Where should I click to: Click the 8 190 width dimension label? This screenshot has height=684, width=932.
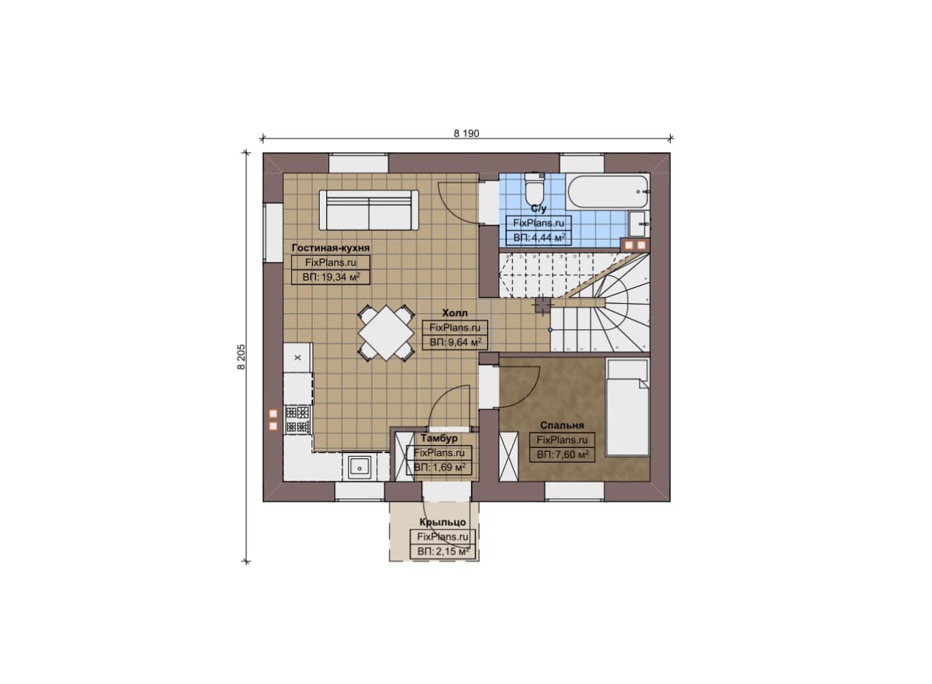[467, 133]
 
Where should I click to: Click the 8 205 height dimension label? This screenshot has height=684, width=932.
[241, 357]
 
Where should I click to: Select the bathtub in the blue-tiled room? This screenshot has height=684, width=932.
[608, 192]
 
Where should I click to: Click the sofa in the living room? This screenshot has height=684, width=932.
[368, 210]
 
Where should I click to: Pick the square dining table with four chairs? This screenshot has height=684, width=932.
[386, 333]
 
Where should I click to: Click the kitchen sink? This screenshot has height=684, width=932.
[360, 467]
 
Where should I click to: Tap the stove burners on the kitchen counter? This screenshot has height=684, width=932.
[298, 420]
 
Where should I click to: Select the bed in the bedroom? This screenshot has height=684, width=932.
[628, 408]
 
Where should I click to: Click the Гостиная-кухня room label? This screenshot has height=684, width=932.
[331, 248]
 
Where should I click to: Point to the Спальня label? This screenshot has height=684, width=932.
[561, 425]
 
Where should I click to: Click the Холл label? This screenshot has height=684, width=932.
[455, 312]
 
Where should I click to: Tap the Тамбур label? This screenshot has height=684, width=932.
[439, 438]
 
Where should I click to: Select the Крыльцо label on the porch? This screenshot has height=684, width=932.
[443, 522]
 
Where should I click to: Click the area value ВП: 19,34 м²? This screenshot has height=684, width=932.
[331, 276]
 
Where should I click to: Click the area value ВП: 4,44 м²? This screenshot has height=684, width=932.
[540, 237]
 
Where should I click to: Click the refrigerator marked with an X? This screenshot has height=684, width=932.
[298, 357]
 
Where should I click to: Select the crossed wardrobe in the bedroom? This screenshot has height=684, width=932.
[508, 456]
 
